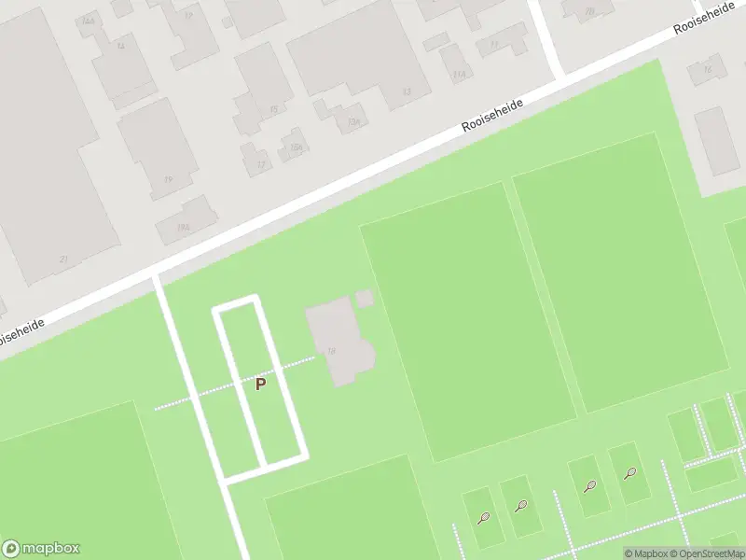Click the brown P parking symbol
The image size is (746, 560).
[x=261, y=384]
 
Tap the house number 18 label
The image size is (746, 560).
[x=332, y=351]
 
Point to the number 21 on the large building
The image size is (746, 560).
[x=63, y=259]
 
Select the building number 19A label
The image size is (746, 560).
[x=184, y=227]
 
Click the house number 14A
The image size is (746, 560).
[x=90, y=21]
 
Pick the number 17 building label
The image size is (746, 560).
[x=260, y=165]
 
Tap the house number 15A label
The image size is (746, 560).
[x=297, y=147]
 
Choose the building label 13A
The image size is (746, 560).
[x=353, y=121]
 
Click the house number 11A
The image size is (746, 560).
[x=458, y=75]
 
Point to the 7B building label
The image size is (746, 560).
[x=588, y=11]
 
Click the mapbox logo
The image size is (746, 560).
[x=41, y=549]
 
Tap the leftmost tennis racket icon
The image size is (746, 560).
[x=483, y=518]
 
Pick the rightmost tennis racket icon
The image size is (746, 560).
[x=629, y=473]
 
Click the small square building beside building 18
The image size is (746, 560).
[x=365, y=298]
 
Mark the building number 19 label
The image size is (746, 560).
[x=168, y=179]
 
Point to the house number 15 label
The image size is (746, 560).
[x=273, y=109]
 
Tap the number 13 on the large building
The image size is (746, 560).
[x=406, y=91]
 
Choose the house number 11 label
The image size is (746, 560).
[x=494, y=44]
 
